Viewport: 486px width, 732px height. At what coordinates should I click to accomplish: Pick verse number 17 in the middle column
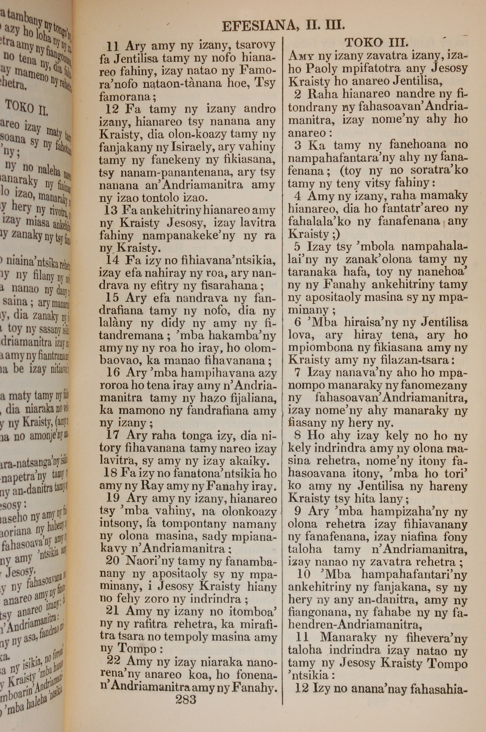tap(113, 436)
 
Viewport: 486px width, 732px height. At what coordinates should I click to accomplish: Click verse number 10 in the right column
tap(304, 574)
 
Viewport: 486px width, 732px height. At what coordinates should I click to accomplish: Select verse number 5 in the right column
tap(297, 247)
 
